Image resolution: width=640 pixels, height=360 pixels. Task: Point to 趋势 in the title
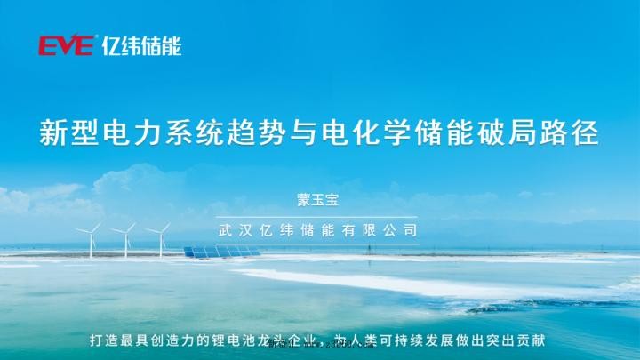point(254,134)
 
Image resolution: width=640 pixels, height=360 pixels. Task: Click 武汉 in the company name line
point(236,228)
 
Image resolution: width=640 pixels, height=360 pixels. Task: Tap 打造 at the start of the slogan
point(106,340)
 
